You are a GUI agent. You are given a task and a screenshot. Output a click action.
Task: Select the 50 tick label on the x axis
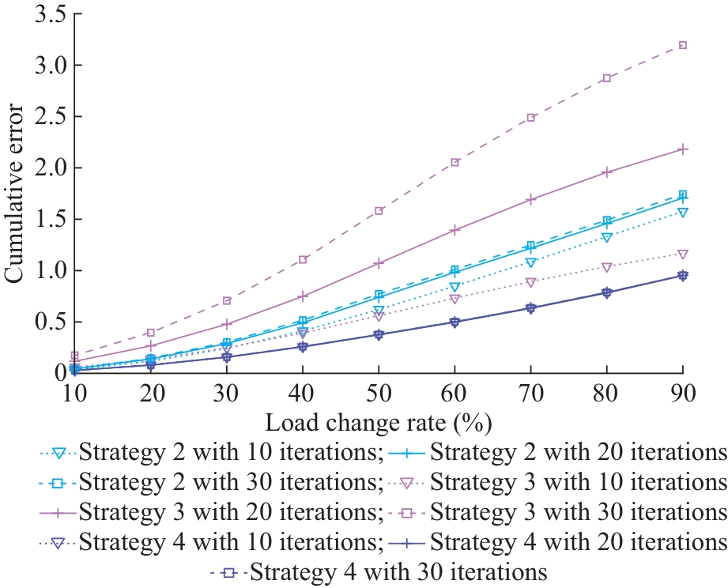pos(379,393)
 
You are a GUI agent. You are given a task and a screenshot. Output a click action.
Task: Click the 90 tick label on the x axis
pos(682,393)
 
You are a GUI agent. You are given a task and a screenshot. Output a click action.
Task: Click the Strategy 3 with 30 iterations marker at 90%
pos(682,45)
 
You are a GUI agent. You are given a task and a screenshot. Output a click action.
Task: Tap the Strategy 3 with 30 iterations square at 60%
pos(455,162)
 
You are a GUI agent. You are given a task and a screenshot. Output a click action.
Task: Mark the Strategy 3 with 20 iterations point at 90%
pos(682,149)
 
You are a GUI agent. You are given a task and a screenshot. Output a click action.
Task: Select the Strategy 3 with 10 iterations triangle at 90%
pos(682,254)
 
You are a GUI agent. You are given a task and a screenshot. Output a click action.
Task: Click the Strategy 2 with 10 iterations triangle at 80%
pos(606,238)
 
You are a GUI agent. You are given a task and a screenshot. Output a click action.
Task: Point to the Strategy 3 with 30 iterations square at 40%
pos(303,259)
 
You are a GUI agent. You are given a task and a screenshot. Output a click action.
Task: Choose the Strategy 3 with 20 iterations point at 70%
pos(530,199)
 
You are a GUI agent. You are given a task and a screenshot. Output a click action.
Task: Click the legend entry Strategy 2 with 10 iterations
pos(230,453)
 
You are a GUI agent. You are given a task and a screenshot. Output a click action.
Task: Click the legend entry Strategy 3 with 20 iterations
pos(230,513)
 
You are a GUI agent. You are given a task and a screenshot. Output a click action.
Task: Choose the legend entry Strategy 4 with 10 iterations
pos(230,543)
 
